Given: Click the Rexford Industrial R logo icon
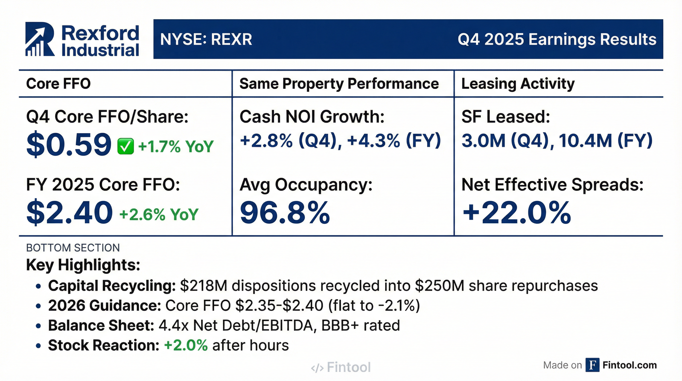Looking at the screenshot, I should pyautogui.click(x=40, y=39).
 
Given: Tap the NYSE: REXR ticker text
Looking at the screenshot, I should pyautogui.click(x=206, y=39).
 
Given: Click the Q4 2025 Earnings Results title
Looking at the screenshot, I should pyautogui.click(x=557, y=39).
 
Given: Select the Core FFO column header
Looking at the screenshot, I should pyautogui.click(x=58, y=84).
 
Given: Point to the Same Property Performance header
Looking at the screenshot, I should pyautogui.click(x=339, y=84).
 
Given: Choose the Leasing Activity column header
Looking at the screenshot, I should pyautogui.click(x=518, y=84).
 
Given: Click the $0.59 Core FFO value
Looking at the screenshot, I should pyautogui.click(x=69, y=145).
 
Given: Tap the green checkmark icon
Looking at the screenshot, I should pyautogui.click(x=125, y=146).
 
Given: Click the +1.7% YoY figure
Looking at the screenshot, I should pyautogui.click(x=175, y=146).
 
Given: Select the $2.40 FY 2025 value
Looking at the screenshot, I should pyautogui.click(x=69, y=213).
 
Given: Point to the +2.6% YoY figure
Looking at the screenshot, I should pyautogui.click(x=159, y=214).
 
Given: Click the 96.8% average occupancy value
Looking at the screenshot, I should pyautogui.click(x=284, y=213).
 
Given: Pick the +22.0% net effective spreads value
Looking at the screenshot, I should pyautogui.click(x=516, y=213).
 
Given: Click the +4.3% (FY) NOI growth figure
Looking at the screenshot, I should pyautogui.click(x=394, y=140).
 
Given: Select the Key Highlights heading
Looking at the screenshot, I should pyautogui.click(x=83, y=264).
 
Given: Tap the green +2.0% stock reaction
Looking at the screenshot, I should pyautogui.click(x=186, y=345).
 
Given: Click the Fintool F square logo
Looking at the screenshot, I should pyautogui.click(x=592, y=365).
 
